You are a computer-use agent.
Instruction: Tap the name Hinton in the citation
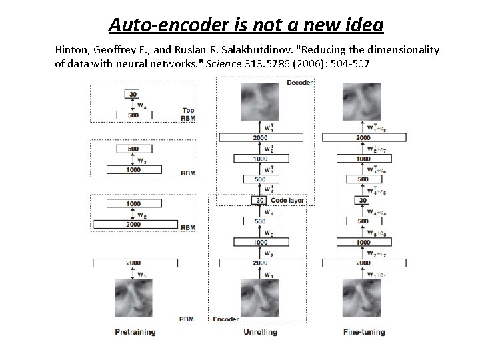75,50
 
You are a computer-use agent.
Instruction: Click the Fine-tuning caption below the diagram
363,331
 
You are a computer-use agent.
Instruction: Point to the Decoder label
299,83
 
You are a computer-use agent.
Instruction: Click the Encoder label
225,319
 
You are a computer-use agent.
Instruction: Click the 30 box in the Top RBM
134,94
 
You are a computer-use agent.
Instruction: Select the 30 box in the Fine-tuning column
363,200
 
